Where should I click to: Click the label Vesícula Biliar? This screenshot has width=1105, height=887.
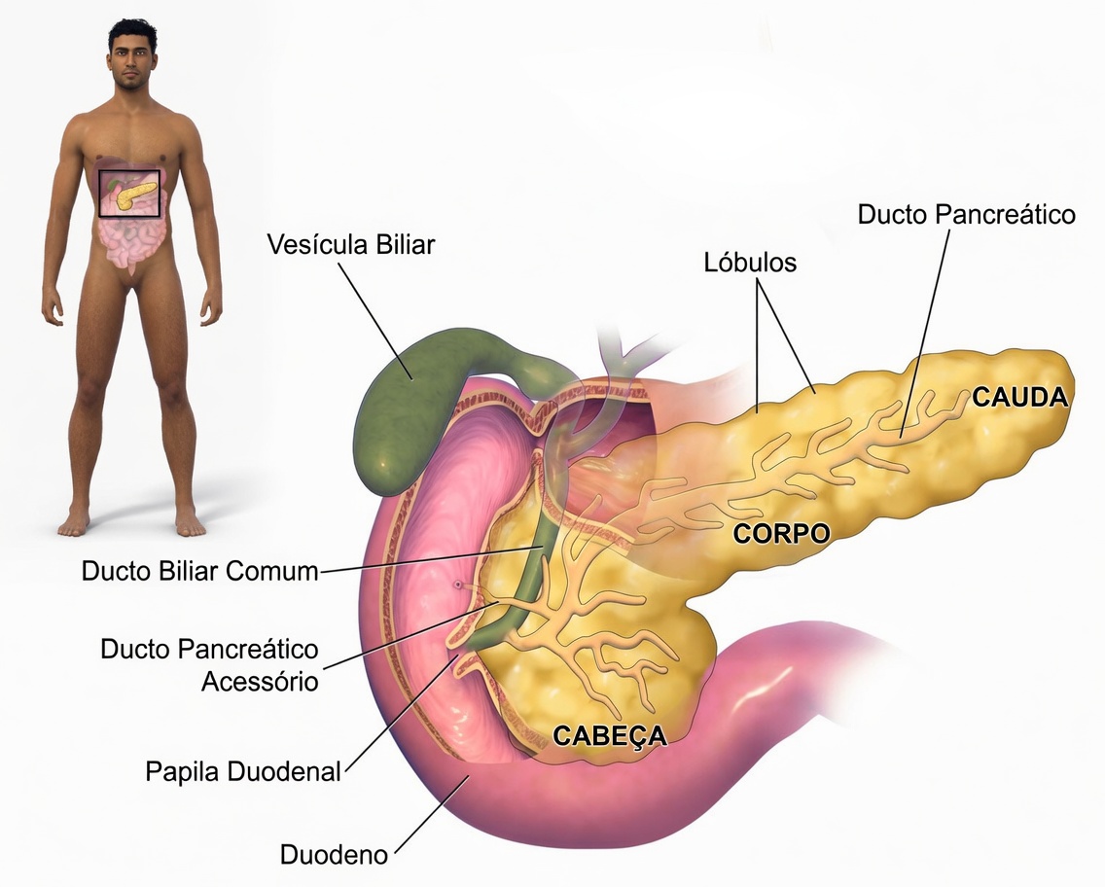(351, 243)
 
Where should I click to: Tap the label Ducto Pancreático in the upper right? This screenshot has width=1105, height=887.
(967, 214)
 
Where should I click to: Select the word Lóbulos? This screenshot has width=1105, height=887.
(749, 263)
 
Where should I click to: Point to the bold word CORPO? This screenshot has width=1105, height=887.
(781, 533)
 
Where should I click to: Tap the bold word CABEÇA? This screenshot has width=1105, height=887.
(610, 735)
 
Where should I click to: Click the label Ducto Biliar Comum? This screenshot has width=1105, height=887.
(199, 571)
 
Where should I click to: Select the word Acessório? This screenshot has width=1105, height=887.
(260, 681)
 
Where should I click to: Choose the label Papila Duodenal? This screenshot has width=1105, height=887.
(243, 772)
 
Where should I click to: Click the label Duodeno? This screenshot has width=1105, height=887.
(334, 856)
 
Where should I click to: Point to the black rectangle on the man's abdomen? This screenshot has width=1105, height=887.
(129, 194)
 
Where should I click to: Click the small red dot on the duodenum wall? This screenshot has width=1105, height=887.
(457, 585)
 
